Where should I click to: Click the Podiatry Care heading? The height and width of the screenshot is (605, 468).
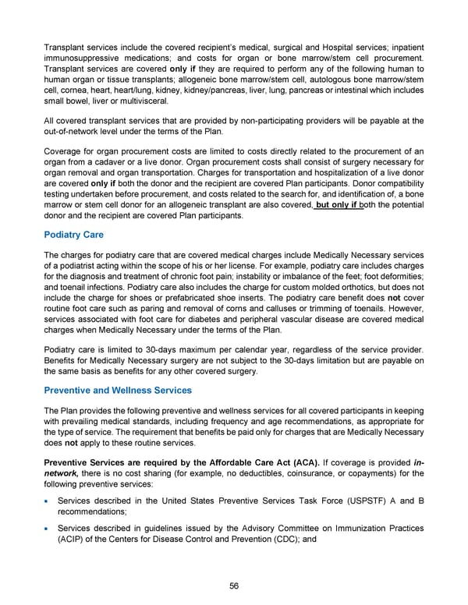76,235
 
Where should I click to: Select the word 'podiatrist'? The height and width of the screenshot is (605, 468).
82,270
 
